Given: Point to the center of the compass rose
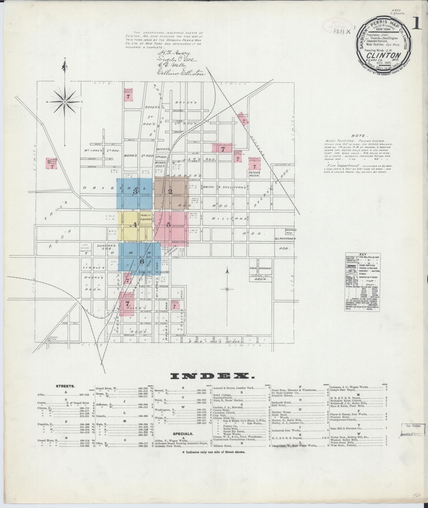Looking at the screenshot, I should [x=64, y=102].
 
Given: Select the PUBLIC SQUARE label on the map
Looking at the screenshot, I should [x=146, y=217].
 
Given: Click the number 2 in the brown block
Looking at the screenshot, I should [x=170, y=191].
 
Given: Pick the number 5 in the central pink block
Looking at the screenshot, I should [x=168, y=225].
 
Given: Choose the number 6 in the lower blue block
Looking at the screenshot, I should [x=142, y=261].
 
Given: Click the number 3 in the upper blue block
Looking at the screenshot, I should [x=135, y=191].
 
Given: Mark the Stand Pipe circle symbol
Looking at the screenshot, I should [x=49, y=339].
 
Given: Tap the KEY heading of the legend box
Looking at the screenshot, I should [x=362, y=254].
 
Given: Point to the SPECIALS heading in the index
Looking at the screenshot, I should [x=183, y=434].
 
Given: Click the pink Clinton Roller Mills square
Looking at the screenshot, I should [x=52, y=163].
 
